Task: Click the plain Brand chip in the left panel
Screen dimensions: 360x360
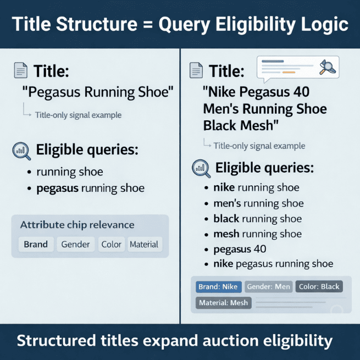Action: [36, 245]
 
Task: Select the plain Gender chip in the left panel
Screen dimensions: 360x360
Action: [76, 245]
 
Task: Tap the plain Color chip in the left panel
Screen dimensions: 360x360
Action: [111, 245]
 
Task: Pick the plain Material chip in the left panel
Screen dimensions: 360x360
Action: [144, 245]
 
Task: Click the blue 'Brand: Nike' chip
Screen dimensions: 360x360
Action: [218, 286]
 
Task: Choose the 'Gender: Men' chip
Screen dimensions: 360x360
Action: [268, 286]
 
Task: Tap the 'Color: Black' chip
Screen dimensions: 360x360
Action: [319, 286]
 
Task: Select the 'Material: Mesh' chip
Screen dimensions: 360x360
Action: [223, 302]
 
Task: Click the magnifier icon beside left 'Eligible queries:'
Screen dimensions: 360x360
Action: [21, 150]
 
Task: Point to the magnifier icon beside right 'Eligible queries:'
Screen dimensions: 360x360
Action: [201, 168]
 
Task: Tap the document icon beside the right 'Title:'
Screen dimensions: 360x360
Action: [195, 71]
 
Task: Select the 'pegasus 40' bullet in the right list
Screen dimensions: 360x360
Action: [240, 249]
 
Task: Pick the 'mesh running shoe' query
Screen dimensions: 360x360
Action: [258, 234]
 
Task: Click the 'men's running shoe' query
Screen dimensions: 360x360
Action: [258, 203]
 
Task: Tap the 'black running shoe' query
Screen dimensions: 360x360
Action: [258, 218]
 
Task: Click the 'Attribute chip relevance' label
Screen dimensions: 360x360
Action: [77, 225]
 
